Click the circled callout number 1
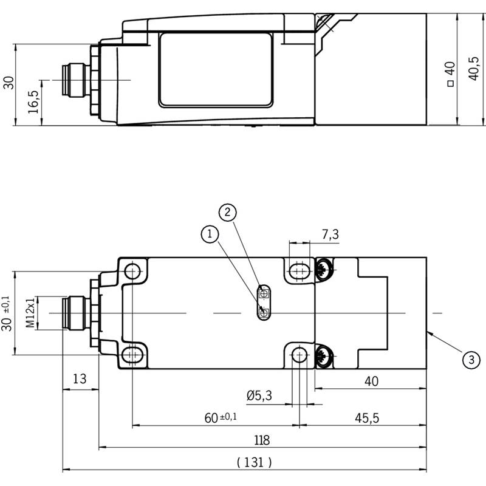(x=210, y=234)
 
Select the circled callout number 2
(x=227, y=212)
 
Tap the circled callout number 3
(x=471, y=360)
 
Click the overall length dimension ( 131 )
(x=254, y=462)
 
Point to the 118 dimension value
(x=262, y=440)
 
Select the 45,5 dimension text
(x=367, y=418)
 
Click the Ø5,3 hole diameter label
(x=259, y=395)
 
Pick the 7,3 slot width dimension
(x=330, y=234)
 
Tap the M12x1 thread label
(x=30, y=313)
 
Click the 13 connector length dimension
(x=80, y=378)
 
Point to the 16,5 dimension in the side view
(x=33, y=102)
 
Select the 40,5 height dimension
(x=474, y=69)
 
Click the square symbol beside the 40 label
(x=451, y=83)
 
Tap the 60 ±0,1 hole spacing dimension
(x=221, y=417)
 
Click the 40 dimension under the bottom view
(x=371, y=382)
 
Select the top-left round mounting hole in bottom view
(x=132, y=271)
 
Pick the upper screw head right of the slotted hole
(x=324, y=269)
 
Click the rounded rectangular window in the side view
(x=216, y=70)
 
